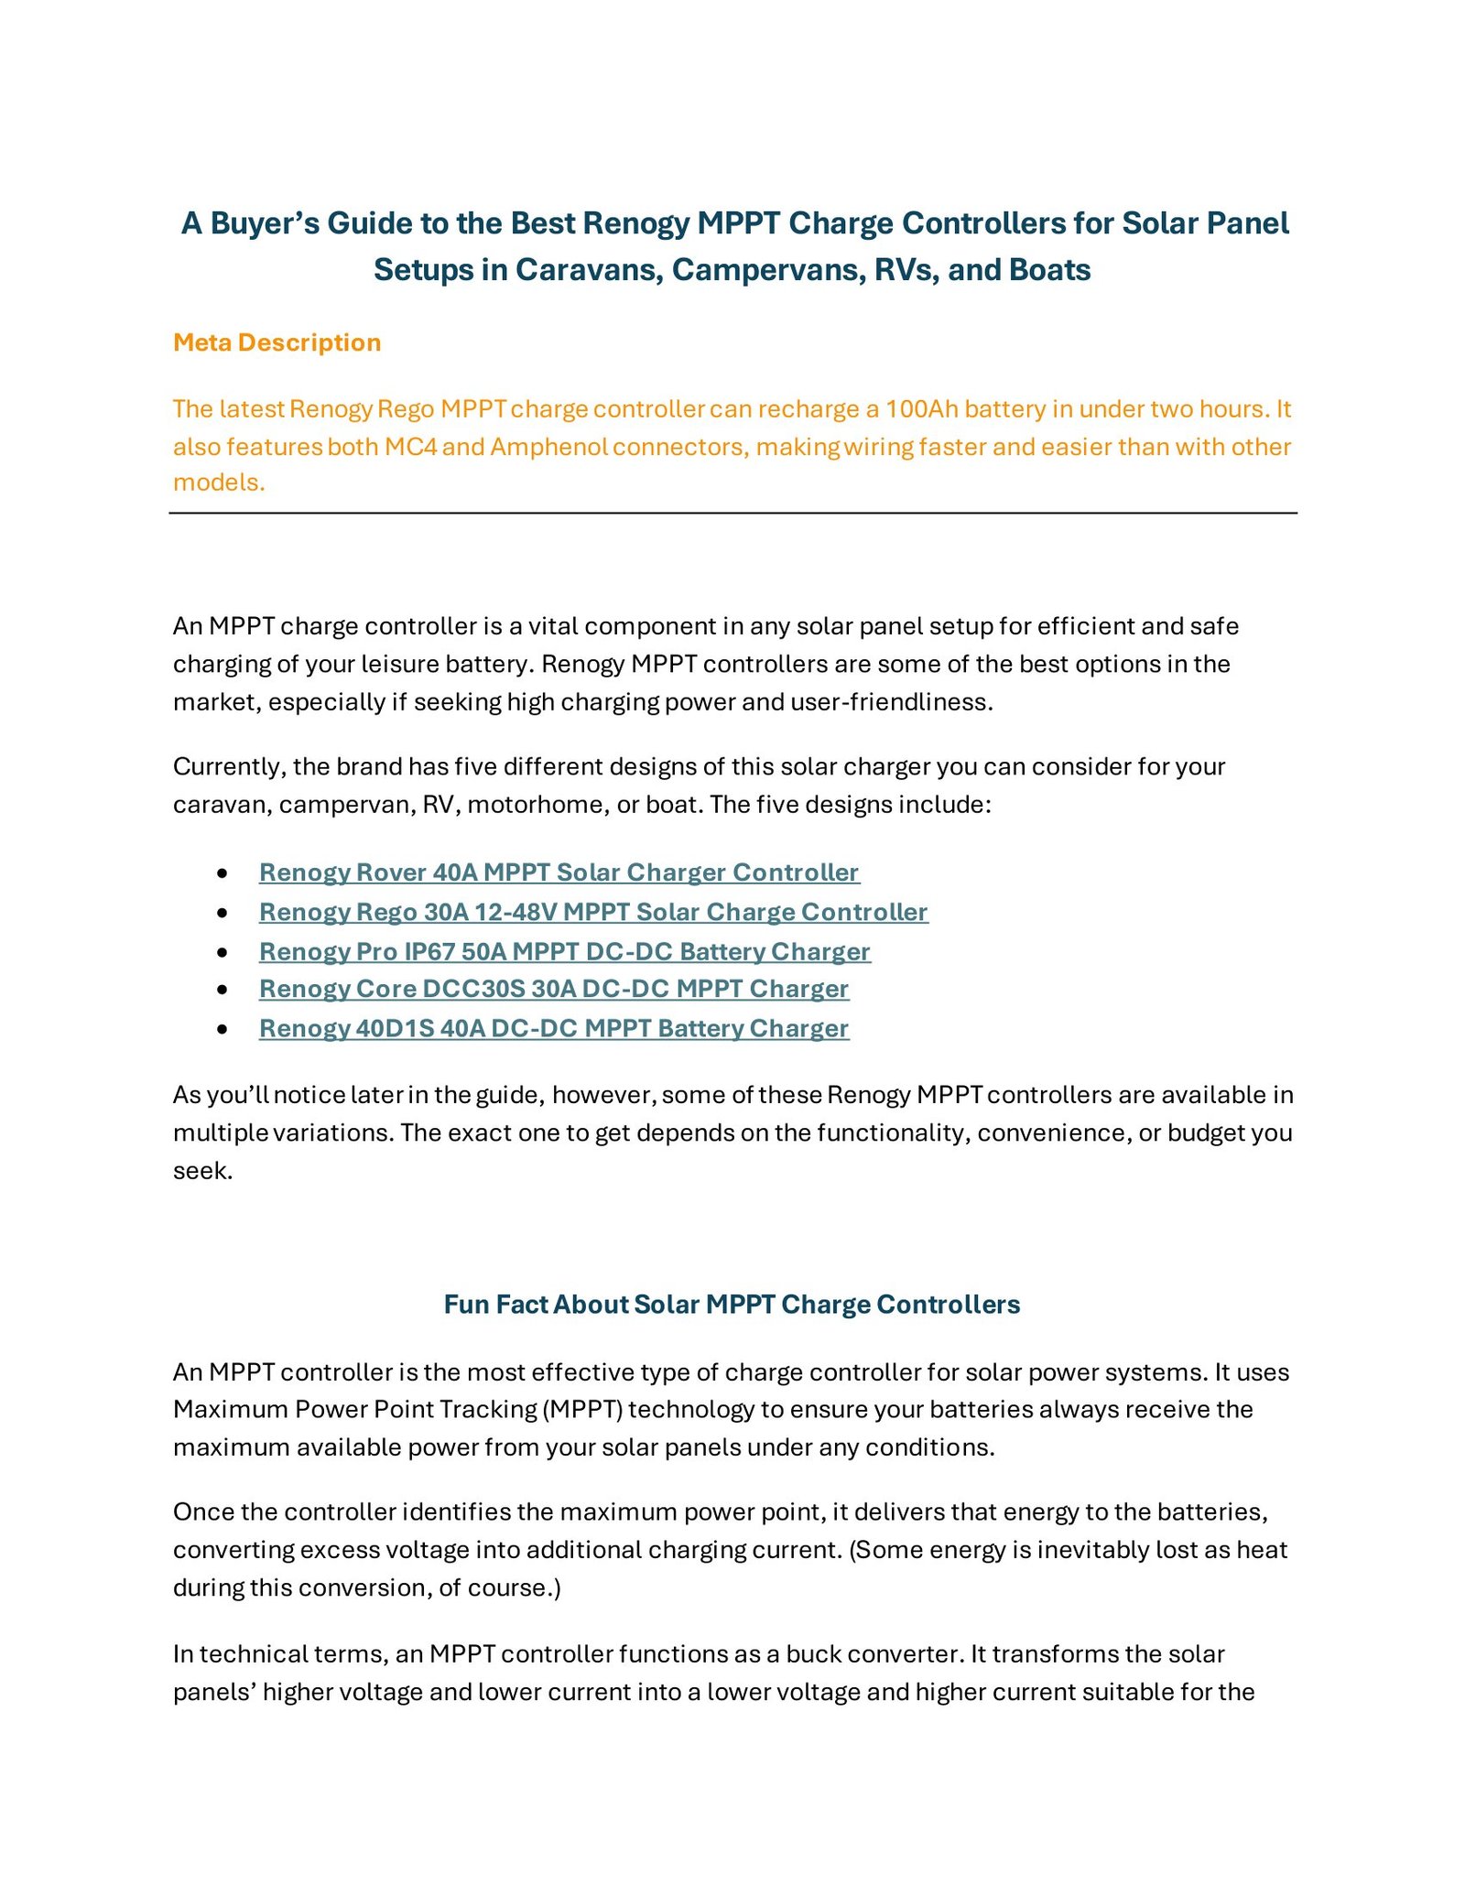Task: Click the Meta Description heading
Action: tap(277, 342)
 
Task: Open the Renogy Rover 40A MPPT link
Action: tap(559, 872)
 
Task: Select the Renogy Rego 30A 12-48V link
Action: tap(593, 912)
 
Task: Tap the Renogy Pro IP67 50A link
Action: tap(564, 952)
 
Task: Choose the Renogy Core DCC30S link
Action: tap(554, 989)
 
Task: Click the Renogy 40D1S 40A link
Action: tap(554, 1029)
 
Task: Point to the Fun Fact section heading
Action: tap(732, 1305)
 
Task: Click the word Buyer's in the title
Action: tap(265, 223)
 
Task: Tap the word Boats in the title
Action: tap(1049, 270)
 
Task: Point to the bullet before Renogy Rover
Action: tap(222, 874)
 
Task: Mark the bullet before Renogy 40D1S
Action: tap(222, 1030)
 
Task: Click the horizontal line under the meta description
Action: tap(732, 514)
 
